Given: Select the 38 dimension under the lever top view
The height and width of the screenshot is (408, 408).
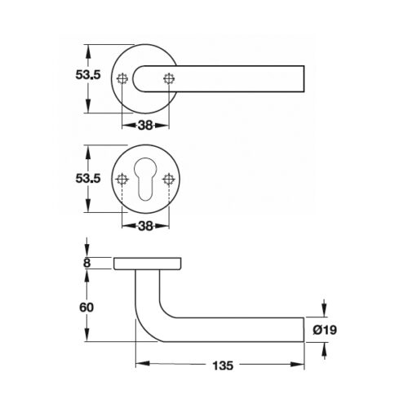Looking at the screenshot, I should coord(146,126).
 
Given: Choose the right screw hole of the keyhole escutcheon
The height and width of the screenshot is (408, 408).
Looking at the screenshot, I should coord(170,179).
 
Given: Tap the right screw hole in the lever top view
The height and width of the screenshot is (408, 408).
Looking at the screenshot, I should coord(170,78).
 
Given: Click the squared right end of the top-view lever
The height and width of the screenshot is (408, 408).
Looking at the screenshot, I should coord(304,78).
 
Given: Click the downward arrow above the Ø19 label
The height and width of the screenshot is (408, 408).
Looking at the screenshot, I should coord(326,309).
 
